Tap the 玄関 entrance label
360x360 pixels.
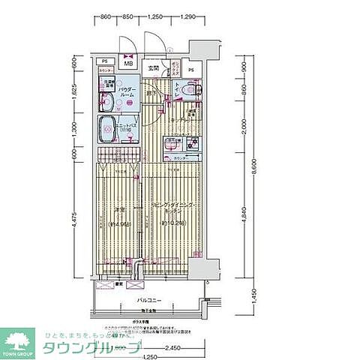(153, 69)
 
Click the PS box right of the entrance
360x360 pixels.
(191, 71)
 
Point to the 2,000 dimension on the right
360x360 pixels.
(243, 129)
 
